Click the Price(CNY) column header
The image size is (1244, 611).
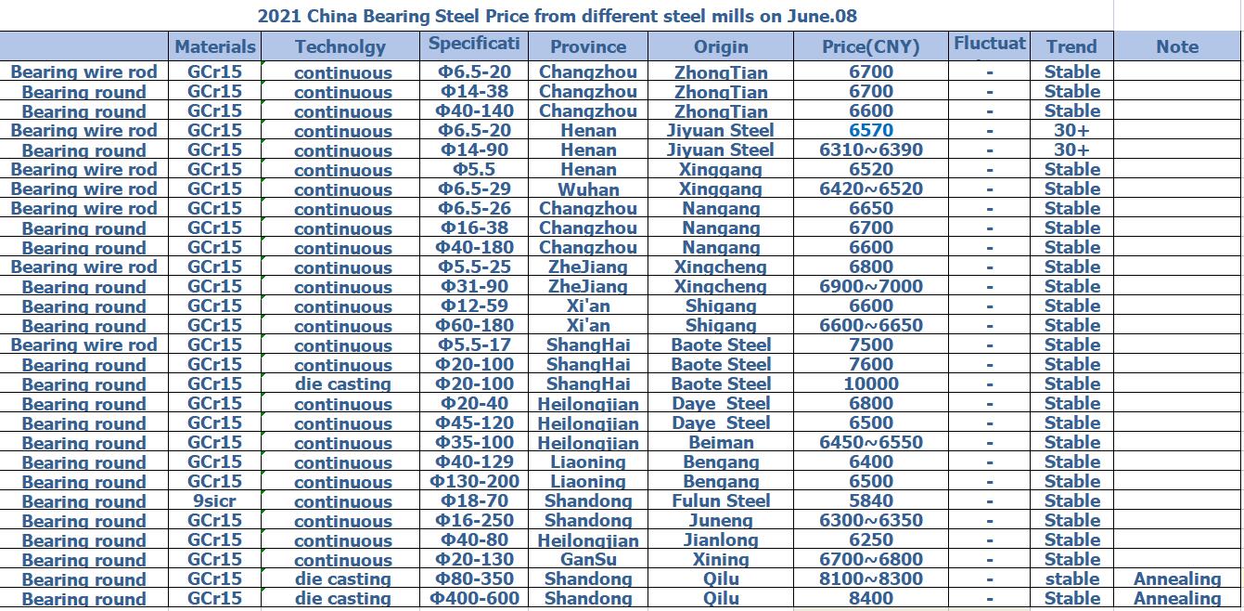[x=870, y=46]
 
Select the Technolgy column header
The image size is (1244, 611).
[x=340, y=46]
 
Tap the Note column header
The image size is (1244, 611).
[x=1176, y=46]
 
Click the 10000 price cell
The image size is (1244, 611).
[x=870, y=383]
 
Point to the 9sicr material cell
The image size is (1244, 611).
[x=214, y=500]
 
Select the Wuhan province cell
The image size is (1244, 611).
[x=588, y=189]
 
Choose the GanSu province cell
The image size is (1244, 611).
[x=588, y=559]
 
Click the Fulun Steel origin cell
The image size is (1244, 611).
[x=721, y=500]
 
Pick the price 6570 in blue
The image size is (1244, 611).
[x=870, y=131]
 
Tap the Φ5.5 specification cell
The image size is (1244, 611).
[x=474, y=170]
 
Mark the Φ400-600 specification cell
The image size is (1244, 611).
[x=474, y=598]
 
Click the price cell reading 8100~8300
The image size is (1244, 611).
[x=870, y=578]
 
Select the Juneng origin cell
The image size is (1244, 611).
[x=721, y=520]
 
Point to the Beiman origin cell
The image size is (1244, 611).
[x=721, y=443]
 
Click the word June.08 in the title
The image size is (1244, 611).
[x=819, y=16]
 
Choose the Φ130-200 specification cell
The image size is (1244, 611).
[x=474, y=481]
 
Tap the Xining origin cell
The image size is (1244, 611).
[x=721, y=559]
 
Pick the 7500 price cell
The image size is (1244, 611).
[x=870, y=344]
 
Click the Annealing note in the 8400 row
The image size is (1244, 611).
[x=1176, y=598]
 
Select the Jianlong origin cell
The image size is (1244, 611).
[x=721, y=539]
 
